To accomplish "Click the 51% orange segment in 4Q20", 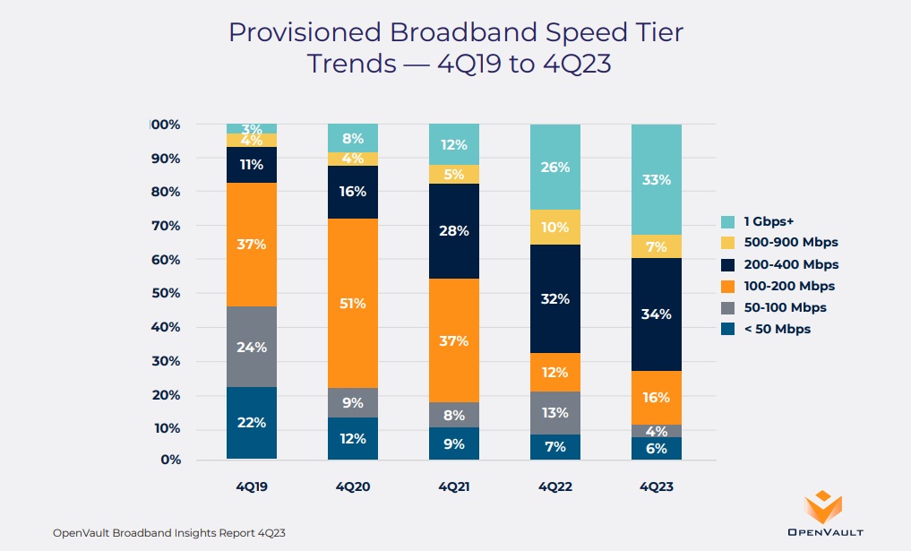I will coord(352,303).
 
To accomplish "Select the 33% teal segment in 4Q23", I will coord(656,179).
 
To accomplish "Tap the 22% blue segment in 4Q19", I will coord(251,423).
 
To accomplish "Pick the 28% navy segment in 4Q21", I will coord(453,231).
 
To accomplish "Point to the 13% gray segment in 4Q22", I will coord(554,413).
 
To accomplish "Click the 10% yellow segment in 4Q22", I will coord(554,227).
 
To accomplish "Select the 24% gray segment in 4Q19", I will coord(251,347).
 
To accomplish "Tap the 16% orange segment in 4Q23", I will coord(656,398).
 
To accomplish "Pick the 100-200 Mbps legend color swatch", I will coord(729,286).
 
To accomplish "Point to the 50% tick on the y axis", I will coord(166,293).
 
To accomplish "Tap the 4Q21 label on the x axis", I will coord(453,487).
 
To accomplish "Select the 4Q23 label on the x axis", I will coord(656,487).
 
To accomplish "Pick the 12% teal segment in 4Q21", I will coord(453,144).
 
